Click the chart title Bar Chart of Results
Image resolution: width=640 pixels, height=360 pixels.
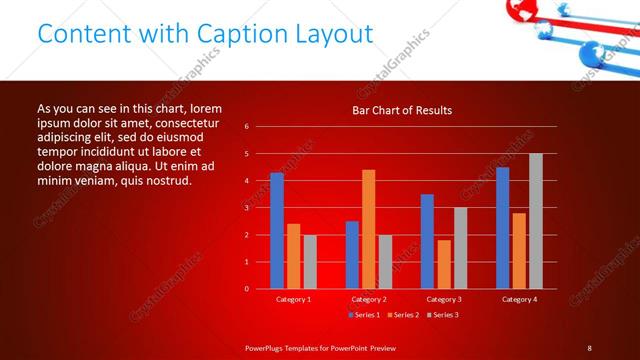coord(402,109)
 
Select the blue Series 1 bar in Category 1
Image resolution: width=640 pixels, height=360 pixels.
coord(277,231)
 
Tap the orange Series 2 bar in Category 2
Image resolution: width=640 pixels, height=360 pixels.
coord(368,229)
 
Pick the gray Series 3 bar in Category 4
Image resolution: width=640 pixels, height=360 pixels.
coord(536,221)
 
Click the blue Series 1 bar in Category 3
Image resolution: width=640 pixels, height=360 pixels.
coord(427,241)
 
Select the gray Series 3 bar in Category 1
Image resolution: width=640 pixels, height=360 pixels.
coord(310,262)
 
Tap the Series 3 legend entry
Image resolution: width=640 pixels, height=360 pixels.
coord(442,315)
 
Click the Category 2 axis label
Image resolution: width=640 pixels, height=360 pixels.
coord(369,299)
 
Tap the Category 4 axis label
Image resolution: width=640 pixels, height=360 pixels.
coord(519,299)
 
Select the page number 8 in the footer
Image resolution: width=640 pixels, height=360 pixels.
coord(589,348)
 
